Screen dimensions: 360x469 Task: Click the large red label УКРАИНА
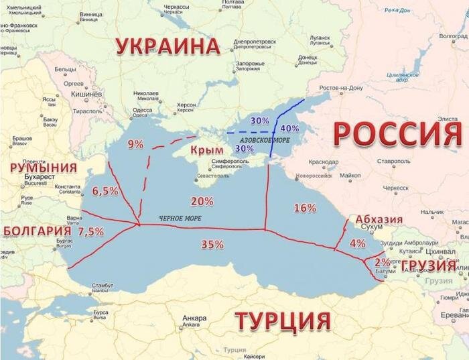pyautogui.click(x=167, y=46)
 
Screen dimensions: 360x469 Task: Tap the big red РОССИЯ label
pyautogui.click(x=397, y=134)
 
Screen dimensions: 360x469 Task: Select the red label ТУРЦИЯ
pyautogui.click(x=283, y=320)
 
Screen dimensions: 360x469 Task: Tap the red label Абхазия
pyautogui.click(x=379, y=219)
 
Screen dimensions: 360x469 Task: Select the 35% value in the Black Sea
pyautogui.click(x=212, y=245)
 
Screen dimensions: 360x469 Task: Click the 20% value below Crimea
pyautogui.click(x=202, y=200)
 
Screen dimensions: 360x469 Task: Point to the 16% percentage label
pyautogui.click(x=305, y=208)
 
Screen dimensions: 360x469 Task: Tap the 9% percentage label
pyautogui.click(x=135, y=143)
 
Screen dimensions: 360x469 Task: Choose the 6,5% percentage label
pyautogui.click(x=105, y=191)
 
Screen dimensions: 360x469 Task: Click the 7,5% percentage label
pyautogui.click(x=91, y=231)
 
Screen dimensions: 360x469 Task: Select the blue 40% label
pyautogui.click(x=289, y=128)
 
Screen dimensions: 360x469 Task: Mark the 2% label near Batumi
pyautogui.click(x=383, y=261)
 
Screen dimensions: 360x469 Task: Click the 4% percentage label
pyautogui.click(x=358, y=243)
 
